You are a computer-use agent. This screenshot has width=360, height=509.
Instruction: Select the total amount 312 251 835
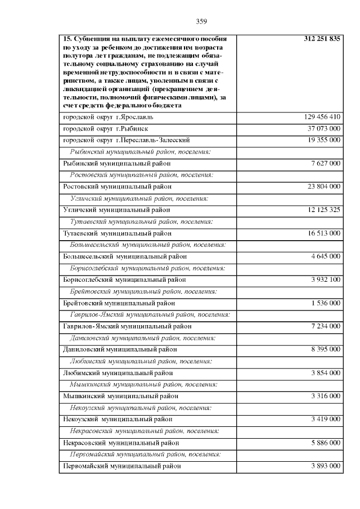322,39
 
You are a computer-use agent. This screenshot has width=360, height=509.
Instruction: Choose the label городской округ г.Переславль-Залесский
126,139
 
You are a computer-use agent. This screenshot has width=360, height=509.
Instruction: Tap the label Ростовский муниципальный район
117,186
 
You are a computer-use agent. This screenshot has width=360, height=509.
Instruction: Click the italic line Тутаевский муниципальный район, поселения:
141,222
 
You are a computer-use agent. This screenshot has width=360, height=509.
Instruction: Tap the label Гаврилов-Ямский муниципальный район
127,326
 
